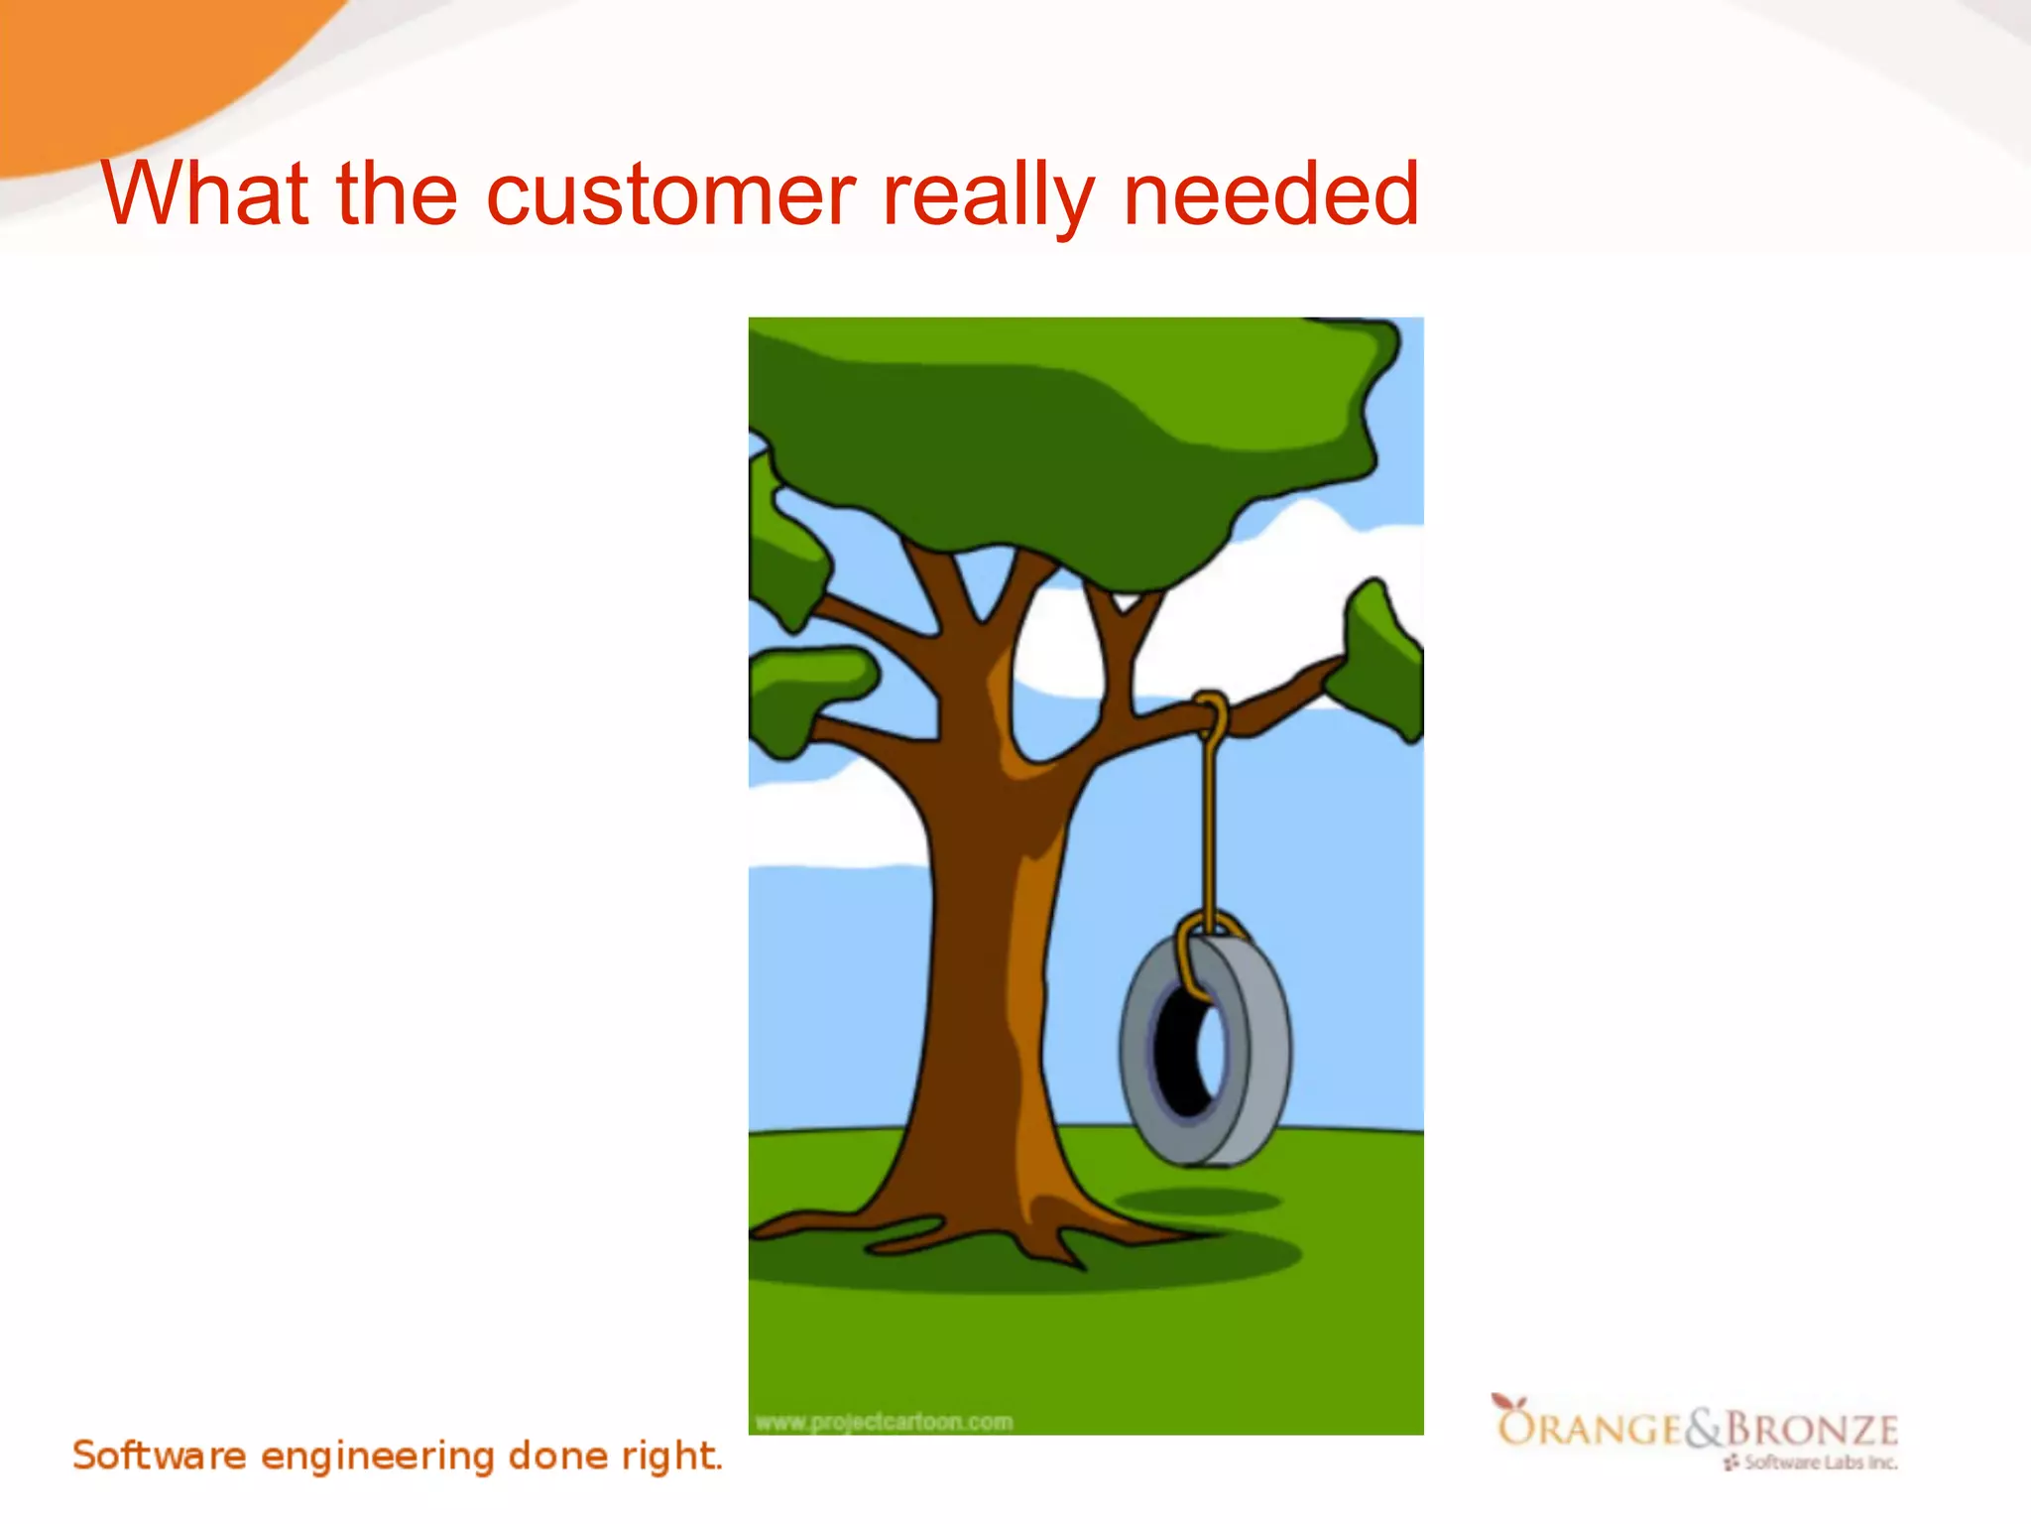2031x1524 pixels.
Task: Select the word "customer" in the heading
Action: [x=670, y=195]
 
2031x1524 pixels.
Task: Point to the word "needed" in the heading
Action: [x=1270, y=193]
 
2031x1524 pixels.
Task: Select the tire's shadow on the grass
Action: [x=1197, y=1202]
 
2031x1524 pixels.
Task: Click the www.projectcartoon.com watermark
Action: [x=884, y=1422]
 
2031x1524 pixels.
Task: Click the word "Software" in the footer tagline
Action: [x=159, y=1456]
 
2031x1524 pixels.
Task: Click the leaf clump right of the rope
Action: [x=1380, y=660]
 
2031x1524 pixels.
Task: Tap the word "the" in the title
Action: [x=397, y=193]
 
